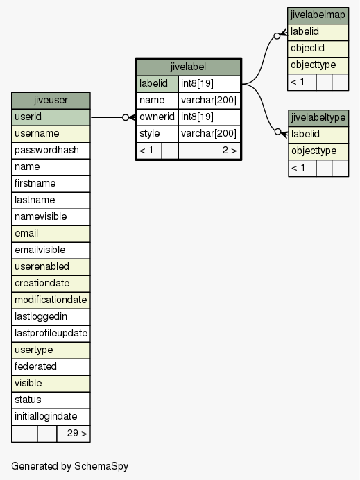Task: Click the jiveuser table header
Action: point(51,101)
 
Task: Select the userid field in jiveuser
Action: point(51,117)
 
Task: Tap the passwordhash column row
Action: point(51,151)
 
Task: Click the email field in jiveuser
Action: point(51,234)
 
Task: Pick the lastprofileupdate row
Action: point(51,334)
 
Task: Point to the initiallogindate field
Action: point(51,417)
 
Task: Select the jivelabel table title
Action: point(188,67)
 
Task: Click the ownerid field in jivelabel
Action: point(157,117)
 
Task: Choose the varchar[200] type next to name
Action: point(209,101)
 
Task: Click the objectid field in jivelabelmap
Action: point(318,49)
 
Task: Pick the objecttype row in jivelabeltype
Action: point(318,151)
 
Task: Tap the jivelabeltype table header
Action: point(318,118)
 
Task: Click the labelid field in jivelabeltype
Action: point(318,135)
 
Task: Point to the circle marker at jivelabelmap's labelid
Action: point(277,36)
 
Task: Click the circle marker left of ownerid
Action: point(126,117)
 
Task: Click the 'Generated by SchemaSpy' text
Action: point(70,466)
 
